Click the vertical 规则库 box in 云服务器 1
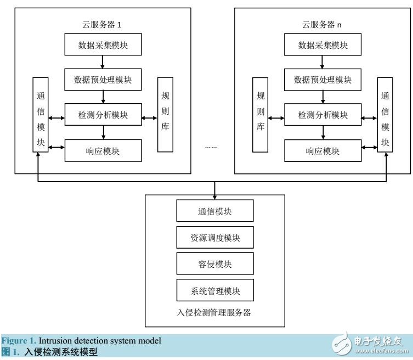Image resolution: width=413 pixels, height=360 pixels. point(165,115)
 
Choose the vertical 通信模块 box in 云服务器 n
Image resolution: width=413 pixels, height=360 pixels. point(386,115)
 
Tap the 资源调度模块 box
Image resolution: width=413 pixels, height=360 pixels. point(216,238)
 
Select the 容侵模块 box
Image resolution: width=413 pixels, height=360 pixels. point(216,264)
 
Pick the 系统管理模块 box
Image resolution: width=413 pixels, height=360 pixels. point(216,290)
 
